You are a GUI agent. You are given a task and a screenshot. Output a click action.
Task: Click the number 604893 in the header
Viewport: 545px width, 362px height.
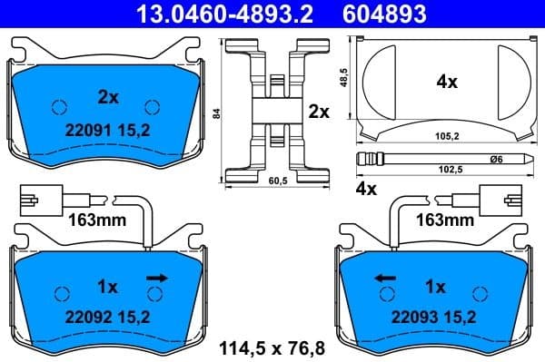tap(385, 14)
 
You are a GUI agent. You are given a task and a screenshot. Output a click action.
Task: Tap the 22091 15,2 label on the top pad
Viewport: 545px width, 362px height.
tap(107, 129)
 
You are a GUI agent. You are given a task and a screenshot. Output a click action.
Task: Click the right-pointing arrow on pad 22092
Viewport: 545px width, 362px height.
tap(158, 278)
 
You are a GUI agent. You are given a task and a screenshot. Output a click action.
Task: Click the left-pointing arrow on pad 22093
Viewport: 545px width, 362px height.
tap(384, 278)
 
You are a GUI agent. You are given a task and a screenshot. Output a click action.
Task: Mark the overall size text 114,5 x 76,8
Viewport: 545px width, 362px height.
tap(271, 347)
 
